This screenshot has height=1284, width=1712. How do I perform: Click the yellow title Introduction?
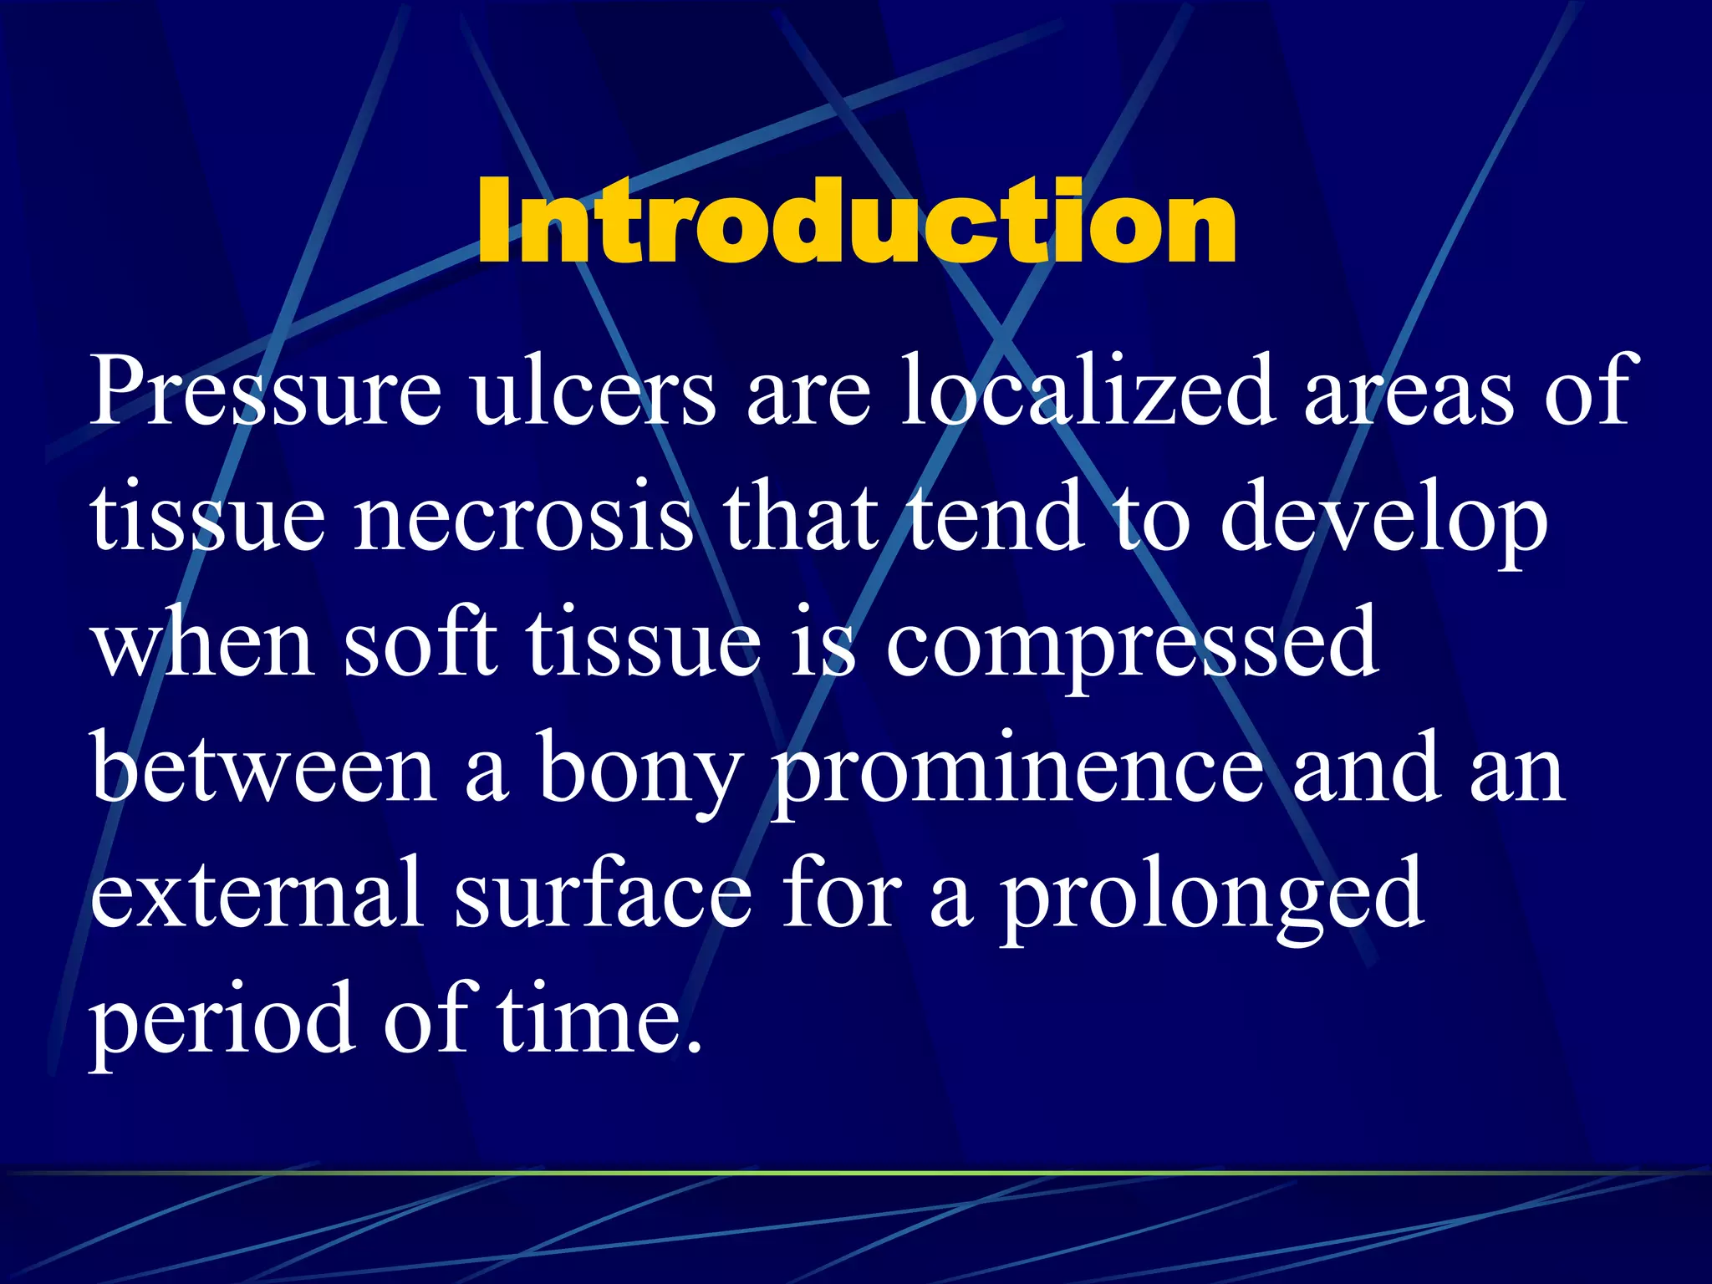[x=856, y=222]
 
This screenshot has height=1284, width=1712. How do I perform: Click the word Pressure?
[x=266, y=391]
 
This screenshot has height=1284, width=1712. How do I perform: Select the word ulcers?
[x=594, y=391]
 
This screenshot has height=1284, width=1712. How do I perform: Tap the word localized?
[x=1087, y=391]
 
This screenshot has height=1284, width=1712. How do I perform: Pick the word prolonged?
[x=1213, y=899]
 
